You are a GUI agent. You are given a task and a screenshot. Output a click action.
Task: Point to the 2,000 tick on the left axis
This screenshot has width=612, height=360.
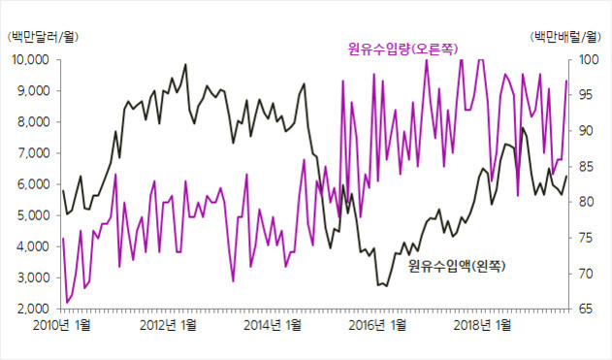30,309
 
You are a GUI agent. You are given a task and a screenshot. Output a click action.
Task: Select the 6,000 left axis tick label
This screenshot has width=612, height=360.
30,184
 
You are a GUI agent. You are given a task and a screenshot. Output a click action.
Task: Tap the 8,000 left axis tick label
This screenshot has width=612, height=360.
30,122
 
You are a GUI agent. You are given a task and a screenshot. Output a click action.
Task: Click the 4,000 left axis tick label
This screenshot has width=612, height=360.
30,246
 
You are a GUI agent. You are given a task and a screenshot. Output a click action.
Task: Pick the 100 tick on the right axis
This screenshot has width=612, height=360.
588,60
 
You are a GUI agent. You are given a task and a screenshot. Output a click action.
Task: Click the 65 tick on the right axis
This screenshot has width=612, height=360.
585,309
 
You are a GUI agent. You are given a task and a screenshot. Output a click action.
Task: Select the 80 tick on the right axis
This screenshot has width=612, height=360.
585,202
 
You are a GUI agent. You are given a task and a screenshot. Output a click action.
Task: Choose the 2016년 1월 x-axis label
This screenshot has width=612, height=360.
378,326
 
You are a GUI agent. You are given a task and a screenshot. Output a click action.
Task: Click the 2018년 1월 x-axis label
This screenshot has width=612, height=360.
484,326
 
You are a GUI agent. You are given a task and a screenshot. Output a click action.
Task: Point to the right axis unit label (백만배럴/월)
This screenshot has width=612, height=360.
566,37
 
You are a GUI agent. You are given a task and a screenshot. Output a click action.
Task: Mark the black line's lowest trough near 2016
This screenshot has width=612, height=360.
380,285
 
